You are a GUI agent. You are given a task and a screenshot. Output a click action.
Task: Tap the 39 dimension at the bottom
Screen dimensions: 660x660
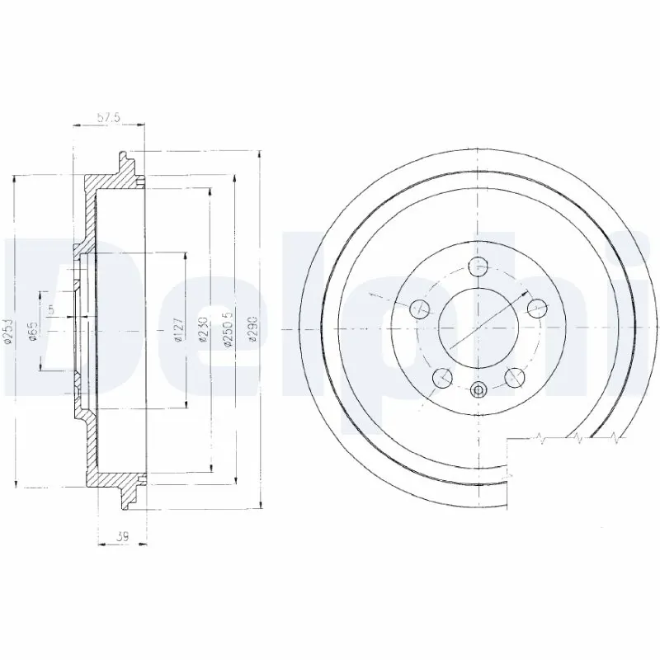point(122,537)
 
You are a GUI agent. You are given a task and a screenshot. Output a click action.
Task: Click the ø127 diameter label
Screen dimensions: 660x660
point(179,329)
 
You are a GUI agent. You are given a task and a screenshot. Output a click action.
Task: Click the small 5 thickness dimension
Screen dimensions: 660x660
point(51,310)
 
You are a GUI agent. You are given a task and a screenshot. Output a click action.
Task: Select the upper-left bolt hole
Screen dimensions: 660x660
point(420,309)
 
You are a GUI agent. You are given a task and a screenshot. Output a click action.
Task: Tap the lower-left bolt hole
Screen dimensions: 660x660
point(442,377)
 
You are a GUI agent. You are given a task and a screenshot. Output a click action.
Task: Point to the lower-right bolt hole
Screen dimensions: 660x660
point(515,377)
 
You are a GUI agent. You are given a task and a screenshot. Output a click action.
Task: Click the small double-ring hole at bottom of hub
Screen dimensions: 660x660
point(478,390)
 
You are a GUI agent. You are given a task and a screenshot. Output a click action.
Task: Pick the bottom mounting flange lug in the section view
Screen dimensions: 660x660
point(125,497)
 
